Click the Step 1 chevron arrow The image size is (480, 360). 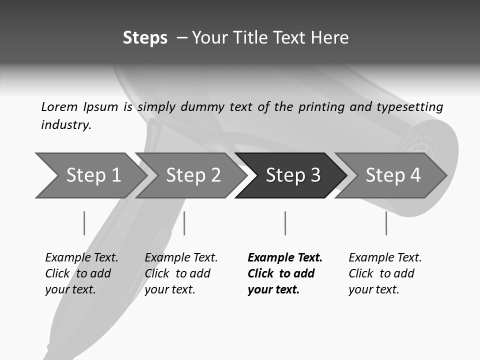pos(90,175)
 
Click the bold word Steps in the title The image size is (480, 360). pos(145,38)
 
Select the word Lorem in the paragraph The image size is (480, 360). pos(59,106)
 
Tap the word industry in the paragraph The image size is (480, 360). pos(66,124)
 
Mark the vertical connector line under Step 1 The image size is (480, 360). pos(84,223)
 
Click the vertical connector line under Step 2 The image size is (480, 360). pos(184,223)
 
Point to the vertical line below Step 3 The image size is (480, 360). pos(285,223)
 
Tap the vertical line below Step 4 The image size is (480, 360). pos(386,223)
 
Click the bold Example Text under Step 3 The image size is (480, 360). pos(285,258)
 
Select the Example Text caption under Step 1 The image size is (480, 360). pos(81,258)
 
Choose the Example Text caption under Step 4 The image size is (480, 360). pos(385,258)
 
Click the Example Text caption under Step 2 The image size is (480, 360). pos(181,258)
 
